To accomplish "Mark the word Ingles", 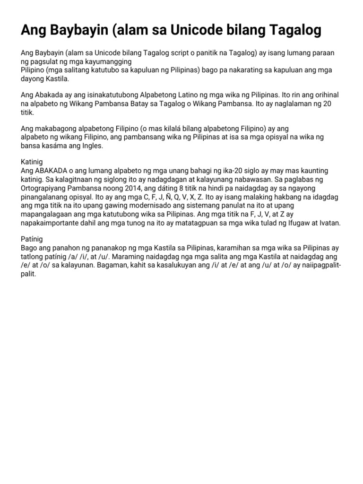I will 90,146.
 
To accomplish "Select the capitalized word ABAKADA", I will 51,171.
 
